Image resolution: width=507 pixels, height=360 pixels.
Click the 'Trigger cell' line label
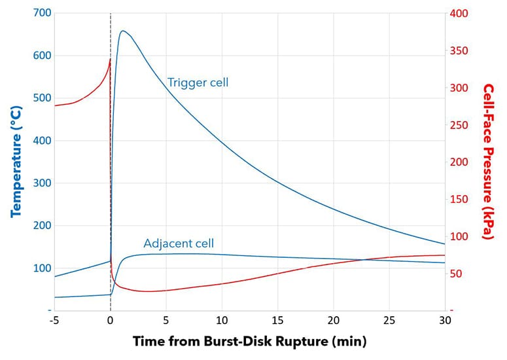pyautogui.click(x=198, y=82)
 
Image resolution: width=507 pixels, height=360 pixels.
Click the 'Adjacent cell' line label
pyautogui.click(x=179, y=243)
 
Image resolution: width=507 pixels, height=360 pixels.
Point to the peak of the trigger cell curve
pyautogui.click(x=122, y=31)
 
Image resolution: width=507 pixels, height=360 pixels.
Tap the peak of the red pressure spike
pyautogui.click(x=110, y=60)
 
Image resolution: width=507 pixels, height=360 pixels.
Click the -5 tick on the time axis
pyautogui.click(x=54, y=321)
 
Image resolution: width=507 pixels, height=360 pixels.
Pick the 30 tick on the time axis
pyautogui.click(x=445, y=321)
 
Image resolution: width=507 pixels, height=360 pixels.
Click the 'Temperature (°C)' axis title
pyautogui.click(x=16, y=162)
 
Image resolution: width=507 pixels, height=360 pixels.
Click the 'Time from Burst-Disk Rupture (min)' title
pyautogui.click(x=249, y=342)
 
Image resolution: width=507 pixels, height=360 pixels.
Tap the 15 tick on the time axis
pyautogui.click(x=277, y=321)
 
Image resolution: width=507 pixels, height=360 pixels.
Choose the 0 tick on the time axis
pyautogui.click(x=110, y=321)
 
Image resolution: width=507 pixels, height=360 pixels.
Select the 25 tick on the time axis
pyautogui.click(x=389, y=321)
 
